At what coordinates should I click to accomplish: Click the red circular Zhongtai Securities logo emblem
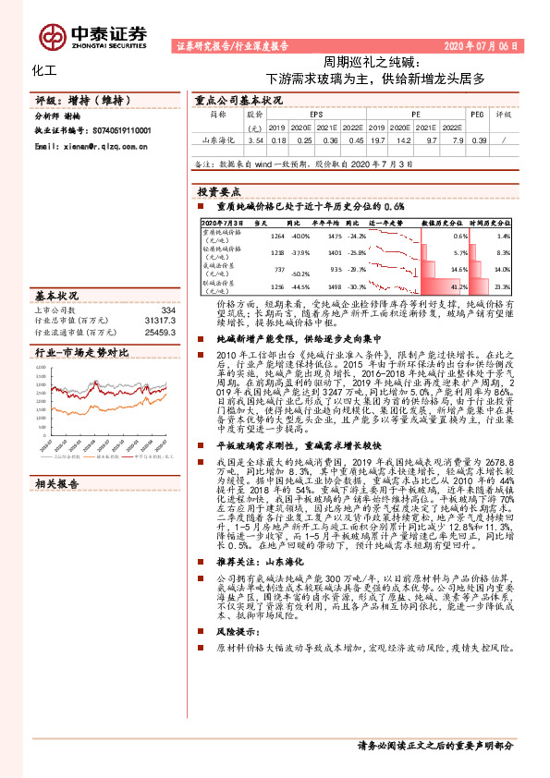tap(47, 34)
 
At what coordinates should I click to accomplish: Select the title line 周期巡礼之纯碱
tap(374, 62)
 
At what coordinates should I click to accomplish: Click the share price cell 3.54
tap(256, 140)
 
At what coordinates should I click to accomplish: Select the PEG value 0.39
tap(478, 140)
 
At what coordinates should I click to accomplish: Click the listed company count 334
tap(167, 310)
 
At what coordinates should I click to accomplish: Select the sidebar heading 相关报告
tap(57, 483)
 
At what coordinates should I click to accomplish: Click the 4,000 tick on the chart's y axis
tap(41, 368)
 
